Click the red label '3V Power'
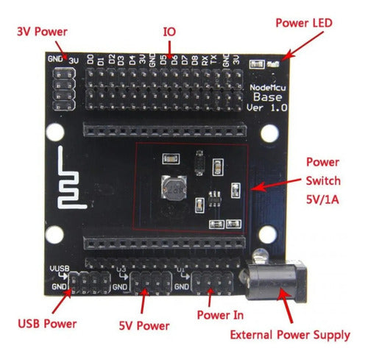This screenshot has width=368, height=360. [x=41, y=32]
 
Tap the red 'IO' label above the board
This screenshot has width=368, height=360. [x=169, y=32]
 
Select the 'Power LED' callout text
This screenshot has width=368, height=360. [x=304, y=23]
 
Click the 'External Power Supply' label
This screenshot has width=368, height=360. [x=290, y=335]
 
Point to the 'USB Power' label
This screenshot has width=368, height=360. [x=48, y=322]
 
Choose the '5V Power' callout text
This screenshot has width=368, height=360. [x=144, y=325]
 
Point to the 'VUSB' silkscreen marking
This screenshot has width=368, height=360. [x=58, y=268]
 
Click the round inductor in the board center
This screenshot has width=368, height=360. [x=174, y=191]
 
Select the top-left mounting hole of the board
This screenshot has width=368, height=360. [x=54, y=133]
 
